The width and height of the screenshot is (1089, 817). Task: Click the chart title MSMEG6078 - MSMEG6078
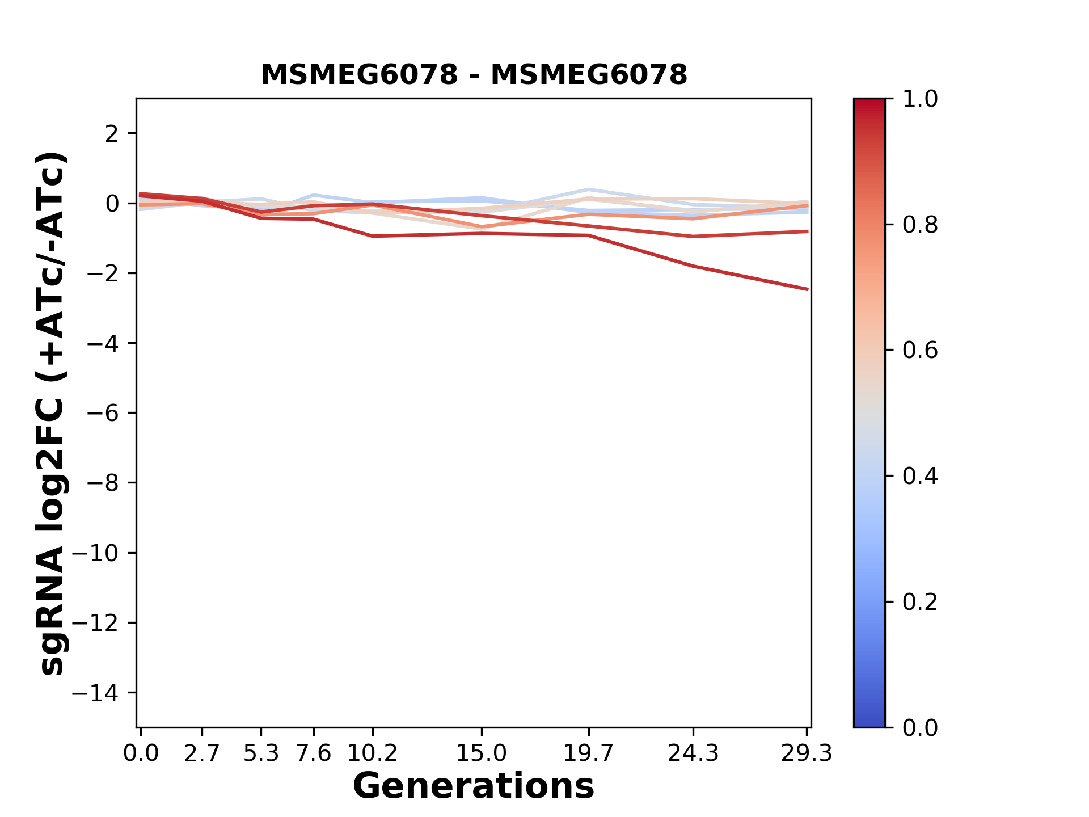coord(474,75)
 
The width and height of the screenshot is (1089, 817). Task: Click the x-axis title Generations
coord(474,786)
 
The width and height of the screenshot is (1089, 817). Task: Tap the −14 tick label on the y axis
coord(103,693)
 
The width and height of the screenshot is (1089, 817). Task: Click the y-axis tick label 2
coord(112,134)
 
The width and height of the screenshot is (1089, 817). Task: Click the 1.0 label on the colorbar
coord(920,99)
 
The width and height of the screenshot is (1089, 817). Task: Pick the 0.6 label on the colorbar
coord(920,351)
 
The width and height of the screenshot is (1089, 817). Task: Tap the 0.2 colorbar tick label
coord(920,602)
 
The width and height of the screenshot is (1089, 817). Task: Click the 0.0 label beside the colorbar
coord(920,727)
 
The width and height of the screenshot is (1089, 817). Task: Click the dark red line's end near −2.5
coord(807,289)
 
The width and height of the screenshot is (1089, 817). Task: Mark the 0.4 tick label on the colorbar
coord(920,476)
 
